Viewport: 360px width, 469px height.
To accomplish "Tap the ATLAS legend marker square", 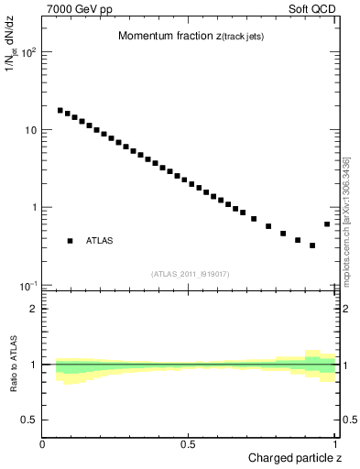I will (70, 241).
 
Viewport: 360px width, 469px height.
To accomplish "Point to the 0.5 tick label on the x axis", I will (187, 443).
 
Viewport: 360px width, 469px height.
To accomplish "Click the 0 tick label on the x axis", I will (43, 443).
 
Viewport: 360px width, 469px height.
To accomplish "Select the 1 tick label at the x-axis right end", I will (336, 443).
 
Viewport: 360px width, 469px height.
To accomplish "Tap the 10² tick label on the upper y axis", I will (27, 52).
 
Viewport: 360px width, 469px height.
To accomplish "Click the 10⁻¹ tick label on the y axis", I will (27, 286).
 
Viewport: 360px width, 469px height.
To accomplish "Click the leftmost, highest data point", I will (60, 110).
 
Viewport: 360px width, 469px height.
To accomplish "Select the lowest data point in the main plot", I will (312, 245).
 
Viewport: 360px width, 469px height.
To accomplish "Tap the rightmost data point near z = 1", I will (327, 224).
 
